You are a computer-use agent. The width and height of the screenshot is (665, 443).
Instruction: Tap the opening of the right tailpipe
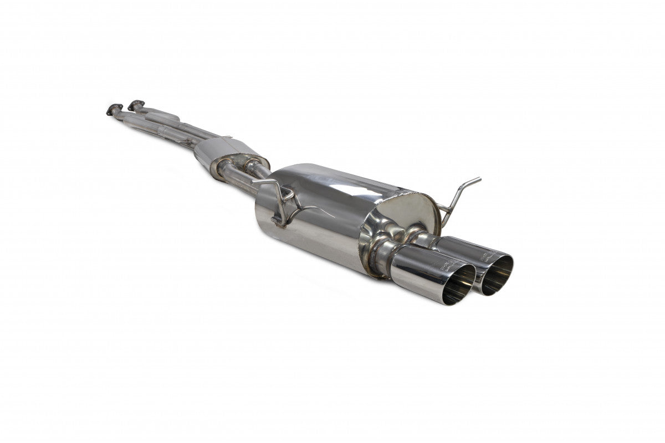point(496,275)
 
